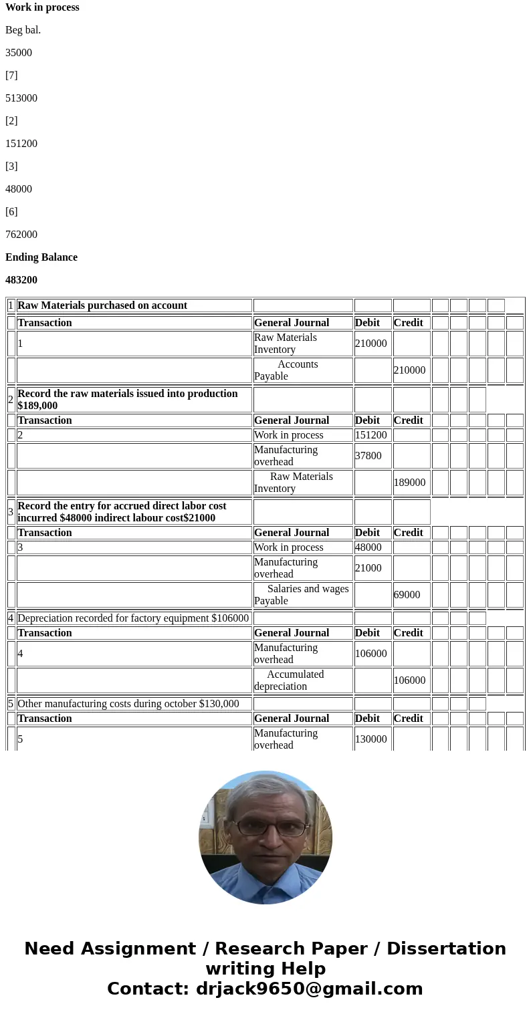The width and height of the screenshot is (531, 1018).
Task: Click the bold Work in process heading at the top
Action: click(42, 7)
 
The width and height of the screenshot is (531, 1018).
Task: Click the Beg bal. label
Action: click(23, 30)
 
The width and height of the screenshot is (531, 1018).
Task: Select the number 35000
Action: click(19, 53)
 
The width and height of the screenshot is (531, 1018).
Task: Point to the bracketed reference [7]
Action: click(11, 76)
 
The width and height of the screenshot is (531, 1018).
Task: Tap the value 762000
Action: click(21, 235)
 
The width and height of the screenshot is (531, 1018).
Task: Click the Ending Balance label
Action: click(41, 257)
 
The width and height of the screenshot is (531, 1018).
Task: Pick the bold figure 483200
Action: click(21, 280)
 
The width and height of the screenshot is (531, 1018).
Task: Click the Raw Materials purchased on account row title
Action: click(102, 305)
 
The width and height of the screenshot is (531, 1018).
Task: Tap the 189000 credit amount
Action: click(409, 483)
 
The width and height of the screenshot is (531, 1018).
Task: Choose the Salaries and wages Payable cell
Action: click(302, 595)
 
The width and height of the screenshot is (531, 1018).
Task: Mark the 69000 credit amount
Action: click(407, 595)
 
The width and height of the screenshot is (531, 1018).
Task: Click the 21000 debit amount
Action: click(368, 568)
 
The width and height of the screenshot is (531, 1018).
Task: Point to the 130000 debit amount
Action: click(371, 739)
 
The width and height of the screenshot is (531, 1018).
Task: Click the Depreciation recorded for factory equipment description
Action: click(133, 618)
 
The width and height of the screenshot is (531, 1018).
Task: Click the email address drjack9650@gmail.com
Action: click(309, 989)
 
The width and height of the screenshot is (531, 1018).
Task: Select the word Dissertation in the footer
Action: click(446, 949)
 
